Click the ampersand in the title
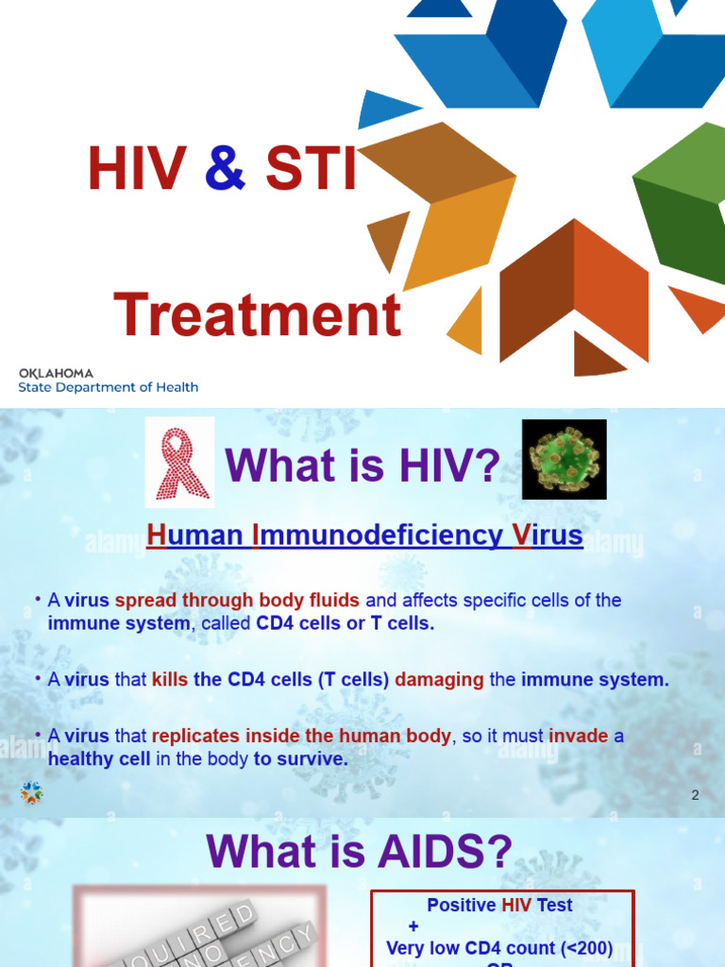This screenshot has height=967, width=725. pyautogui.click(x=225, y=170)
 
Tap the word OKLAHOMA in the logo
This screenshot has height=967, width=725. pyautogui.click(x=56, y=373)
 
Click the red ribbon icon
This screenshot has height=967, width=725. pyautogui.click(x=179, y=462)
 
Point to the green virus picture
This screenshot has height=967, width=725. pyautogui.click(x=565, y=460)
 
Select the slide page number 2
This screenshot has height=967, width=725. pyautogui.click(x=695, y=795)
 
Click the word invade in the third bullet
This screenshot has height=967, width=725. pyautogui.click(x=579, y=737)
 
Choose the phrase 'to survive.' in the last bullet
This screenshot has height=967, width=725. pyautogui.click(x=301, y=759)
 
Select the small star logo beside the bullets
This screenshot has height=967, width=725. pyautogui.click(x=32, y=793)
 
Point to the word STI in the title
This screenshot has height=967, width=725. pyautogui.click(x=311, y=170)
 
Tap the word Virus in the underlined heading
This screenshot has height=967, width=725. pyautogui.click(x=548, y=536)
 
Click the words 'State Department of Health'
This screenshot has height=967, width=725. pyautogui.click(x=109, y=387)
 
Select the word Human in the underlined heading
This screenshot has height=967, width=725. pyautogui.click(x=194, y=536)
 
